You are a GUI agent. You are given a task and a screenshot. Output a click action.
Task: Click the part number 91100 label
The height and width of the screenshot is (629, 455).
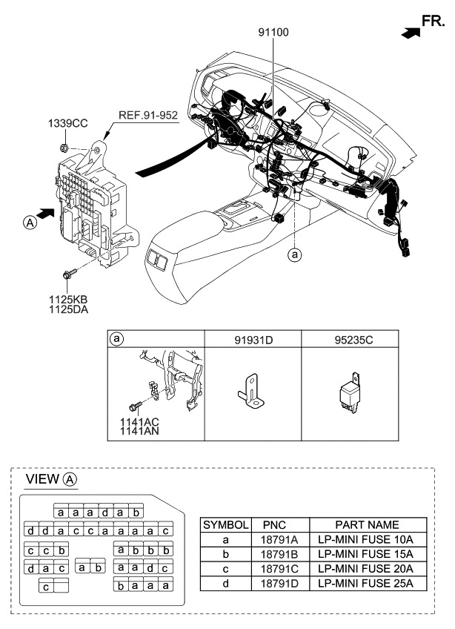pyautogui.click(x=273, y=33)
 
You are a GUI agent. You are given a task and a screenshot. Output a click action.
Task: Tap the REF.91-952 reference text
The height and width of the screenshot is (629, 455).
pyautogui.click(x=148, y=115)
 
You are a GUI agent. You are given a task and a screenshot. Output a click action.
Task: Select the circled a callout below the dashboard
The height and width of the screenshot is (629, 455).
pyautogui.click(x=295, y=254)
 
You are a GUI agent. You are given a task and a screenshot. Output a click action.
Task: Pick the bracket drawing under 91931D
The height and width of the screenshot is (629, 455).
pyautogui.click(x=250, y=392)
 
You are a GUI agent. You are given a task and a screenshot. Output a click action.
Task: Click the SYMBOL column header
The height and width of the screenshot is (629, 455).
pyautogui.click(x=226, y=524)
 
